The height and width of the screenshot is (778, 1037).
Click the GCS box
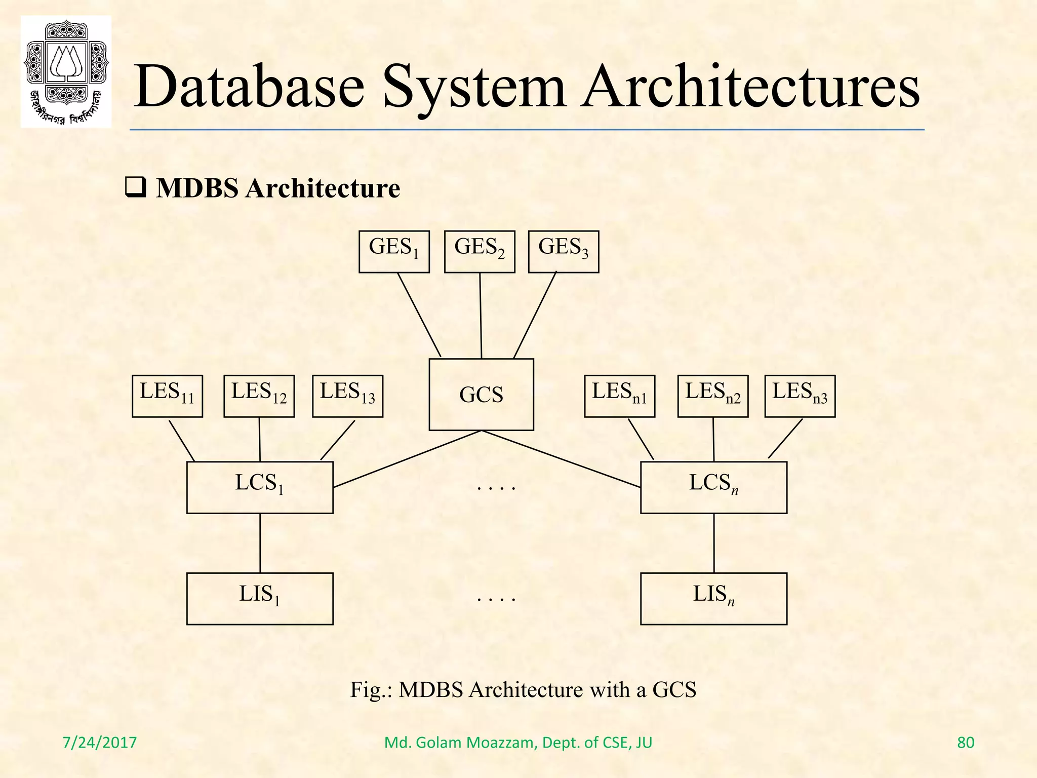[481, 395]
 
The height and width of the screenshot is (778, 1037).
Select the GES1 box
[394, 252]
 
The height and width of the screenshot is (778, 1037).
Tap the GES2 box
[480, 252]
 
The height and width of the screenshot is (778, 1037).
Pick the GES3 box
[564, 252]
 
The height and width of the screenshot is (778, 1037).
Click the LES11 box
[167, 396]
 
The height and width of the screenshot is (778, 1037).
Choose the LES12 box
[259, 396]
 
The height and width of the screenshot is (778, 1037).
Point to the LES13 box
[347, 396]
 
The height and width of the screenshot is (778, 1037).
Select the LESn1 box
[619, 396]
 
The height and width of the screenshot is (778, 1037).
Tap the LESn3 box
[800, 396]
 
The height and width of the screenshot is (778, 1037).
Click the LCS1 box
[260, 487]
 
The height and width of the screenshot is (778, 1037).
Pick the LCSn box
[713, 487]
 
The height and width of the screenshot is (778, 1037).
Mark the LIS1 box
[260, 599]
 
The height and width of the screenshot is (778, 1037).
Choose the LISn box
[713, 599]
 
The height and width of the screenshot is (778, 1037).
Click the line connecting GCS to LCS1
[407, 459]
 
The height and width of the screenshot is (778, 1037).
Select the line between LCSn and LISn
[714, 543]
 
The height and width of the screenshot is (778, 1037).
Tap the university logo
[66, 71]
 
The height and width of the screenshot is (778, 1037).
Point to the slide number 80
[965, 743]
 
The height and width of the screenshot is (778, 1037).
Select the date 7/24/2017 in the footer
[100, 743]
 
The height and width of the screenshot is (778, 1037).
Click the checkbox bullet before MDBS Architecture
[135, 188]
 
